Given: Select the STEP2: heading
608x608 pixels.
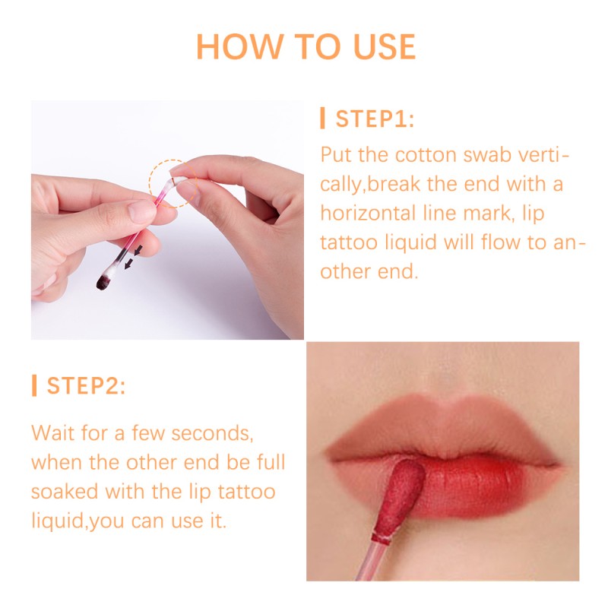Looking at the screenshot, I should [x=86, y=385].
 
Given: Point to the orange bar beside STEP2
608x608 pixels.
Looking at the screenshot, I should [x=34, y=385].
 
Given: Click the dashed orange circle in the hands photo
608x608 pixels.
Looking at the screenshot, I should [x=170, y=182].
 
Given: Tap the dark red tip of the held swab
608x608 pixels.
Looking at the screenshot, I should [x=102, y=282].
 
